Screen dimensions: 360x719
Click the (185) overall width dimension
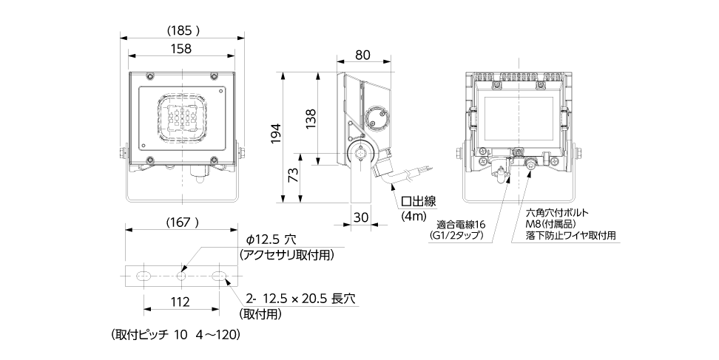[181, 30]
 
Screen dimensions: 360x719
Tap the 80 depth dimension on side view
[362, 54]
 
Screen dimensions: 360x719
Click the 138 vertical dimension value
[311, 118]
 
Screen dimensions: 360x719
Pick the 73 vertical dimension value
[294, 176]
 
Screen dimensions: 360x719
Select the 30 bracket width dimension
[361, 217]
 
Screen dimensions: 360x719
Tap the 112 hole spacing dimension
[180, 302]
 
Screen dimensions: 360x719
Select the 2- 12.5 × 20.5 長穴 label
[301, 299]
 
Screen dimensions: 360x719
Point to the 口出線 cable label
[419, 201]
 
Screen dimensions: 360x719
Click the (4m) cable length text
[413, 217]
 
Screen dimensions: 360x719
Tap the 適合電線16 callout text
[460, 224]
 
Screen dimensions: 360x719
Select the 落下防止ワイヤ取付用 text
[570, 236]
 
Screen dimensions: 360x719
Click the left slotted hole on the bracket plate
[142, 276]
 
